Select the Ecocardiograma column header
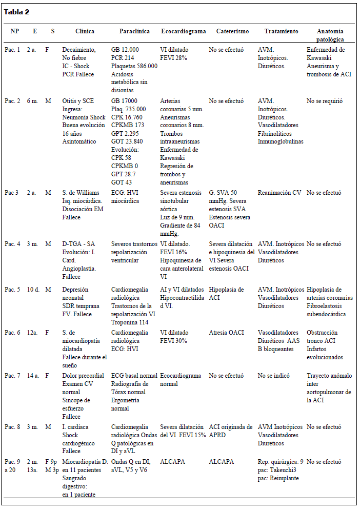coord(183,31)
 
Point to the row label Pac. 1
coord(12,50)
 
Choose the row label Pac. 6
coord(12,333)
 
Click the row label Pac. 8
coord(12,427)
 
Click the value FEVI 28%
coord(173,58)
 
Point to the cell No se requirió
coord(324,101)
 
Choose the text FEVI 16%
coord(173,253)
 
